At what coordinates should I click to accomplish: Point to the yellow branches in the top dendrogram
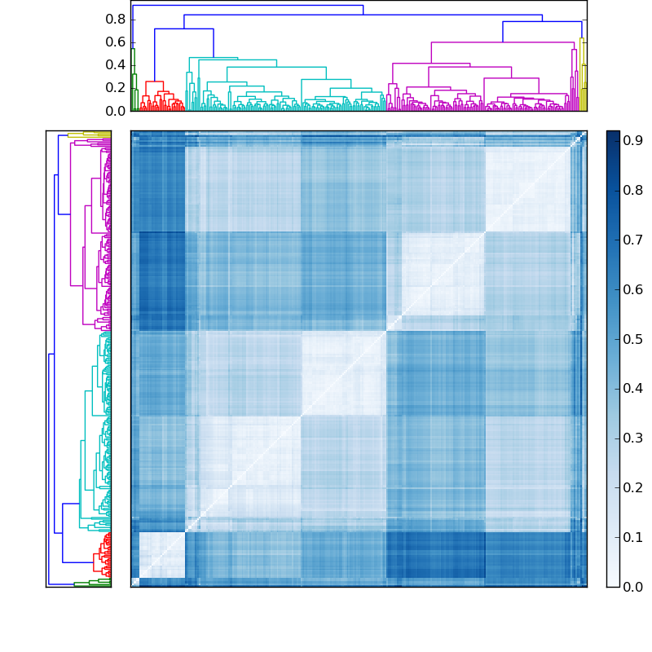click(x=583, y=73)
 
